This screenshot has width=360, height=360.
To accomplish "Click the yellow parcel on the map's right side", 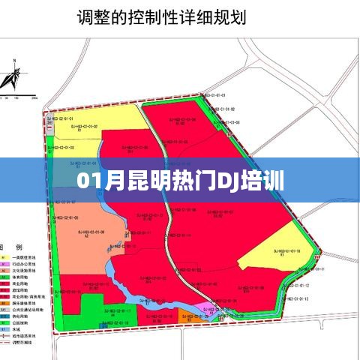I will [x=274, y=259].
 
